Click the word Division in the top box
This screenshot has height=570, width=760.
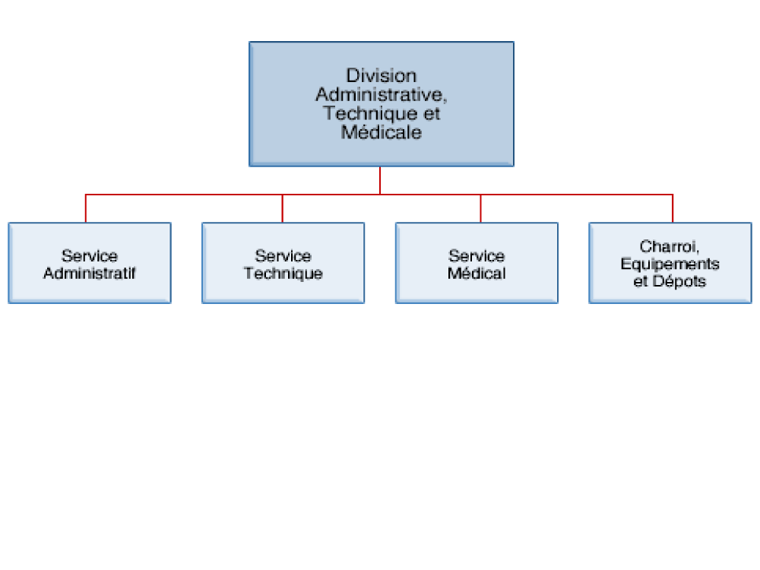(x=381, y=75)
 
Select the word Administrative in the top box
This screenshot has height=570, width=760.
(x=379, y=94)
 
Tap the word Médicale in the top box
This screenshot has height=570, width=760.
(x=381, y=132)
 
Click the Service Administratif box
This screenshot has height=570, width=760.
(x=90, y=263)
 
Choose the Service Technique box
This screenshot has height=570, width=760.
(x=283, y=263)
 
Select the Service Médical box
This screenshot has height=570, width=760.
(x=477, y=263)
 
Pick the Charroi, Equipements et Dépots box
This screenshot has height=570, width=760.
(x=670, y=263)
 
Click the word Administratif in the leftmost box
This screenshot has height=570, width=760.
(x=90, y=274)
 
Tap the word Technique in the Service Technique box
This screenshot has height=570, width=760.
(x=283, y=274)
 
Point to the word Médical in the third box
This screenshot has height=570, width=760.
(x=477, y=274)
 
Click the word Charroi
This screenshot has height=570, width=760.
(x=668, y=247)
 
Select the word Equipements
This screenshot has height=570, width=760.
(x=670, y=264)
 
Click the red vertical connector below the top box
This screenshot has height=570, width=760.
(x=380, y=180)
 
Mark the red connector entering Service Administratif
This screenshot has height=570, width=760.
(x=86, y=208)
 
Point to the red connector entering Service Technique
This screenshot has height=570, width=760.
(x=283, y=208)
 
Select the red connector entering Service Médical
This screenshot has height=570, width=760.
(x=480, y=208)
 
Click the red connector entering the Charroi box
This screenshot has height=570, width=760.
(x=673, y=208)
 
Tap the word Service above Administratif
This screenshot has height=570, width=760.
(x=90, y=256)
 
